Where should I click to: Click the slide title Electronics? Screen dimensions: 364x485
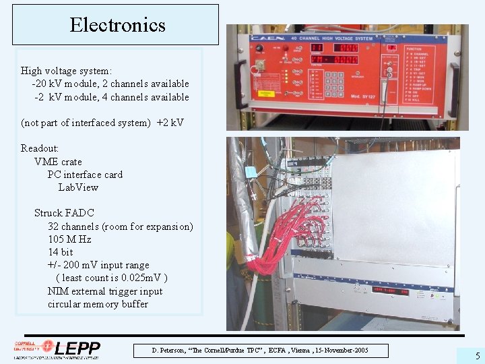(117, 26)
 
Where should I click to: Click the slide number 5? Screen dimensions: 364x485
(477, 356)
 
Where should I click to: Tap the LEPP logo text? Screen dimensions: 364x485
(77, 349)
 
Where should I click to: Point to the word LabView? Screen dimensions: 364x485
(78, 187)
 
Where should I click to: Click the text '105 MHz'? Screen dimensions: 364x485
(69, 239)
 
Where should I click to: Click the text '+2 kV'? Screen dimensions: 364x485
(170, 123)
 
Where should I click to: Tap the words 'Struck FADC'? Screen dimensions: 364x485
(64, 213)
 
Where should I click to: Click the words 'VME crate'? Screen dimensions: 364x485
(58, 162)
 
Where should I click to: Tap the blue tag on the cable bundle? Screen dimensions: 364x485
(251, 172)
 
